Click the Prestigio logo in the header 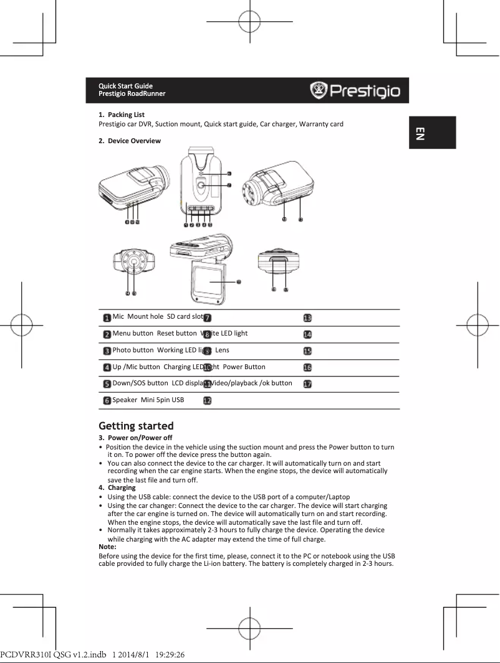pyautogui.click(x=355, y=91)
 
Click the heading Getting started pyautogui.click(x=136, y=426)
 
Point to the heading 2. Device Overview pyautogui.click(x=130, y=141)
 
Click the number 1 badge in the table pyautogui.click(x=107, y=318)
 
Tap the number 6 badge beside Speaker pyautogui.click(x=107, y=400)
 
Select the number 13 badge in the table pyautogui.click(x=307, y=318)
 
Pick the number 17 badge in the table pyautogui.click(x=307, y=384)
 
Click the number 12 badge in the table pyautogui.click(x=206, y=400)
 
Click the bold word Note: pyautogui.click(x=108, y=546)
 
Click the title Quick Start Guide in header pyautogui.click(x=125, y=86)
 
